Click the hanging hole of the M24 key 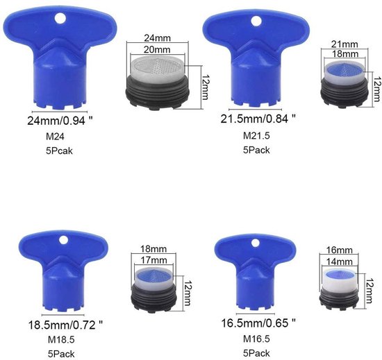click(60, 19)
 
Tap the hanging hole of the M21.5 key click(256, 21)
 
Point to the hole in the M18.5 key click(63, 240)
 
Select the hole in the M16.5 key click(256, 243)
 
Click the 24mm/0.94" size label click(60, 121)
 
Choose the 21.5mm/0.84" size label click(258, 119)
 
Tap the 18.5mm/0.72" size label click(65, 325)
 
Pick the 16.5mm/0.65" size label click(258, 323)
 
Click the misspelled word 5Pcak click(59, 151)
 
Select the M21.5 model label click(256, 135)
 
